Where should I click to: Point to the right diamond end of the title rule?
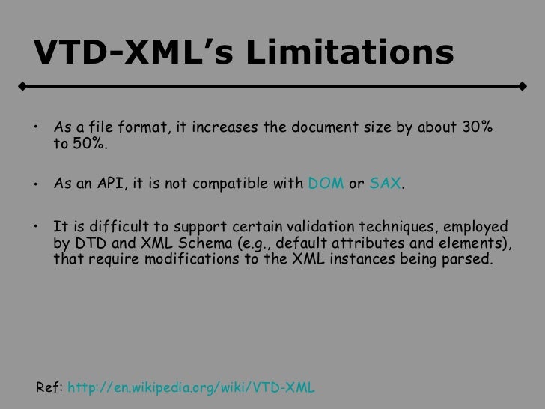tap(521, 86)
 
